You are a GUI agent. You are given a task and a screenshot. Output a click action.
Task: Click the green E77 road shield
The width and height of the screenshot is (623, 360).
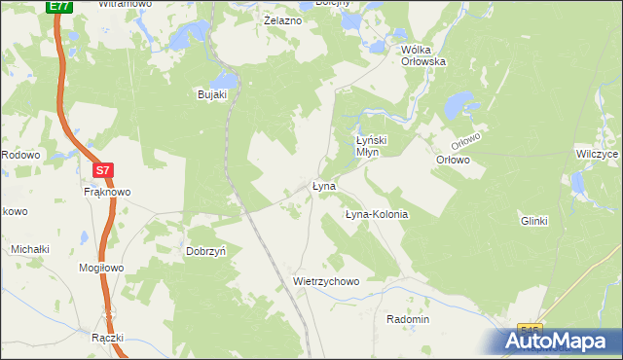[x=58, y=6]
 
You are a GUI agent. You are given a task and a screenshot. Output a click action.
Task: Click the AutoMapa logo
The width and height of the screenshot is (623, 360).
[x=560, y=342]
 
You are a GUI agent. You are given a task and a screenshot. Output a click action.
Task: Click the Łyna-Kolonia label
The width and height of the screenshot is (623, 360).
[x=377, y=214]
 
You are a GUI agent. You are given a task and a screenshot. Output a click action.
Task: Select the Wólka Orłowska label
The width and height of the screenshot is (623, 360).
[x=423, y=54]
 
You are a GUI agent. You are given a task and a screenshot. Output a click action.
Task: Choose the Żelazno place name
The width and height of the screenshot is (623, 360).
[x=283, y=20]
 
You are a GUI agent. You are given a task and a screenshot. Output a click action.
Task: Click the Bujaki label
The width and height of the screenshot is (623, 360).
[x=212, y=94]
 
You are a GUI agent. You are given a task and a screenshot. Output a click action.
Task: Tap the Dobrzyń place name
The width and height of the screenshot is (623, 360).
[x=206, y=251]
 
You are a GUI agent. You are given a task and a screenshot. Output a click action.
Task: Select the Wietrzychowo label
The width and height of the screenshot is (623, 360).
[x=326, y=281]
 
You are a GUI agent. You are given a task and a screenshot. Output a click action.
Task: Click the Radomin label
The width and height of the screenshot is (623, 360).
[x=408, y=319]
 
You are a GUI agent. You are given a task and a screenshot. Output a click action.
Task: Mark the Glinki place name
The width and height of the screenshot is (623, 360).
[x=534, y=221]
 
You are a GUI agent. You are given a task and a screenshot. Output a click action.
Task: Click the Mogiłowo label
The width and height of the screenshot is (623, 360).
[x=101, y=267]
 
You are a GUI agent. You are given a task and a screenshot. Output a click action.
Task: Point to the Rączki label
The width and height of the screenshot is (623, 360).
[x=108, y=338]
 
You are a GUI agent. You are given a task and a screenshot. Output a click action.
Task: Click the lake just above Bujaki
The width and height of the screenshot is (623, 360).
[x=225, y=79]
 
